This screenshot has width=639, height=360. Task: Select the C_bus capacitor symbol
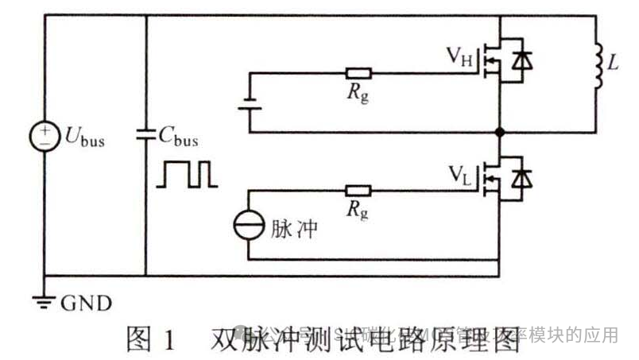pyautogui.click(x=147, y=135)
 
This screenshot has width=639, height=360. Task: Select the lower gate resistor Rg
pyautogui.click(x=358, y=191)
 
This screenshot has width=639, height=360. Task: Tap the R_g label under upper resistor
pyautogui.click(x=358, y=95)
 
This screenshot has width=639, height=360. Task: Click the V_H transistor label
pyautogui.click(x=459, y=58)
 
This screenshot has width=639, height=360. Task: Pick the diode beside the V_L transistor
pyautogui.click(x=522, y=177)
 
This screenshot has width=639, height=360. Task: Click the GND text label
pyautogui.click(x=86, y=304)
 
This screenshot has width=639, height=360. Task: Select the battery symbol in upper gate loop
pyautogui.click(x=249, y=104)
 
